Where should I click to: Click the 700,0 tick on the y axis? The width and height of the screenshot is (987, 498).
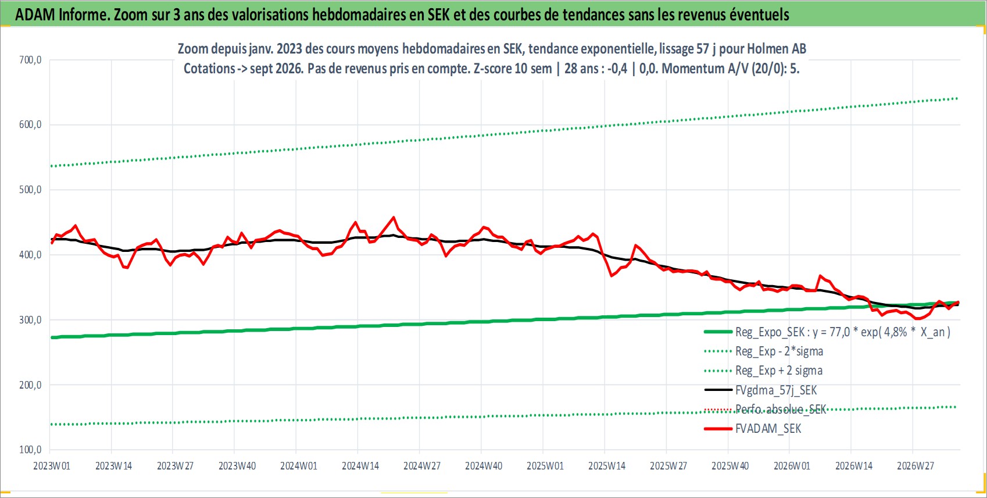[30, 60]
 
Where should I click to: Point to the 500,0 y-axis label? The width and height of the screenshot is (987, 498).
[30, 190]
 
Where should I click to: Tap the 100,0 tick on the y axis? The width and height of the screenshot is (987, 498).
[30, 450]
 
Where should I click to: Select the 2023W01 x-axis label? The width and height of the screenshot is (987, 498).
[52, 466]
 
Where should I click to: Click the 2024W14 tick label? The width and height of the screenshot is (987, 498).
[360, 466]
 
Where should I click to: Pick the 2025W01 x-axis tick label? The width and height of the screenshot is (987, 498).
[545, 466]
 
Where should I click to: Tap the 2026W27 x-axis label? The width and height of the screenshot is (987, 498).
[915, 466]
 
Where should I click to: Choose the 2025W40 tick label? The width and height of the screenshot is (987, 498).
[730, 466]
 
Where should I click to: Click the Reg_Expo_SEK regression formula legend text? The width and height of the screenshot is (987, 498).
[842, 332]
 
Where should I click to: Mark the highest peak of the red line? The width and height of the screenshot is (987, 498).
[394, 217]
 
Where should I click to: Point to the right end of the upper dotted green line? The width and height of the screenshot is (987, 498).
[957, 98]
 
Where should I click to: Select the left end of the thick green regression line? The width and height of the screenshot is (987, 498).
[52, 337]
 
